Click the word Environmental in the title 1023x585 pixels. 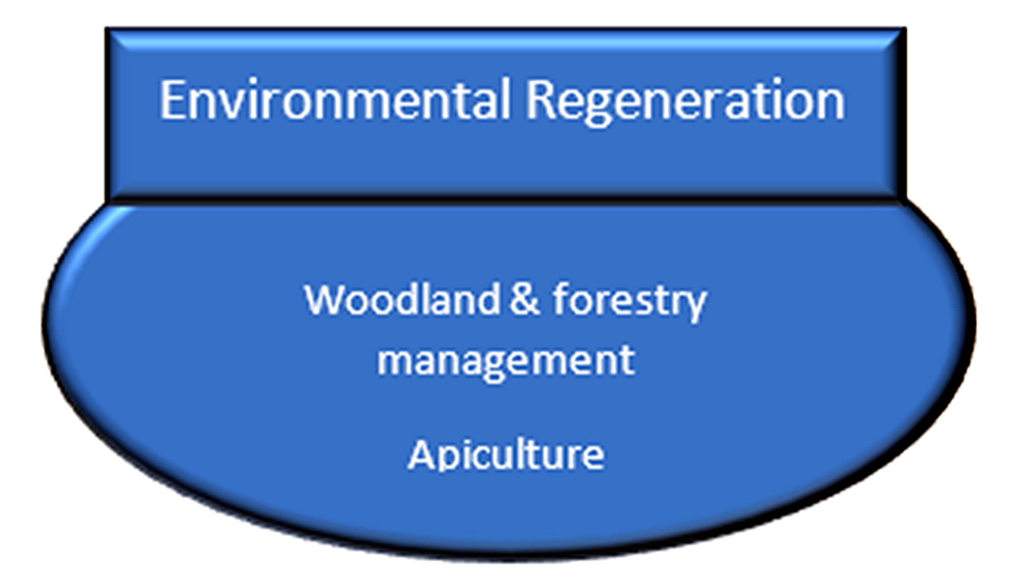coord(335,100)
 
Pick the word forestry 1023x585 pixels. coord(629,301)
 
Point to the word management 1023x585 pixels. coord(506,361)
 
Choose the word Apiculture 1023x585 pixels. coord(506,454)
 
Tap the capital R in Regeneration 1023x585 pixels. coord(540,100)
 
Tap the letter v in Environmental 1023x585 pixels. coord(231,105)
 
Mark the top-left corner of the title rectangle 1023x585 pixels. coord(106,28)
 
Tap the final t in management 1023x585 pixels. coord(627,361)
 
